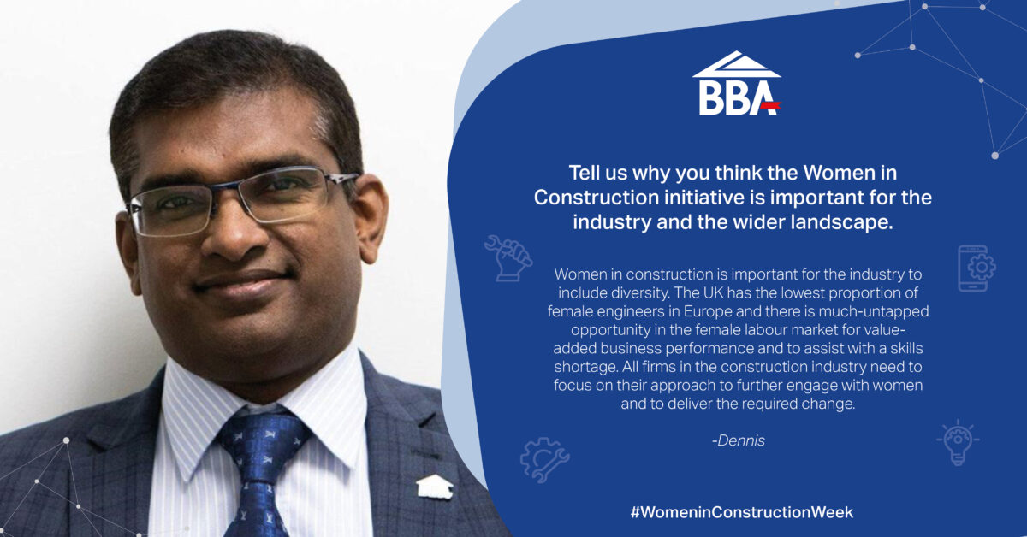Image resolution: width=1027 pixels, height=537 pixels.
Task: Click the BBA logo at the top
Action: click(736, 85)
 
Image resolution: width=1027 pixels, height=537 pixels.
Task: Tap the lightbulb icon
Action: click(958, 441)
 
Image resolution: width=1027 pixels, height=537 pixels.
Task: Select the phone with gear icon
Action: click(976, 268)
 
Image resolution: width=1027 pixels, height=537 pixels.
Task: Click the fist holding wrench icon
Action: click(508, 257)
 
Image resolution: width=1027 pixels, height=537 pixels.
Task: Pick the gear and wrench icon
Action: click(544, 459)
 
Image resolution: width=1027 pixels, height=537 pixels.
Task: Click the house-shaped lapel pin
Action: click(433, 486)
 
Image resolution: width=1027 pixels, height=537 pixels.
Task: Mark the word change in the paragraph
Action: click(830, 404)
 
